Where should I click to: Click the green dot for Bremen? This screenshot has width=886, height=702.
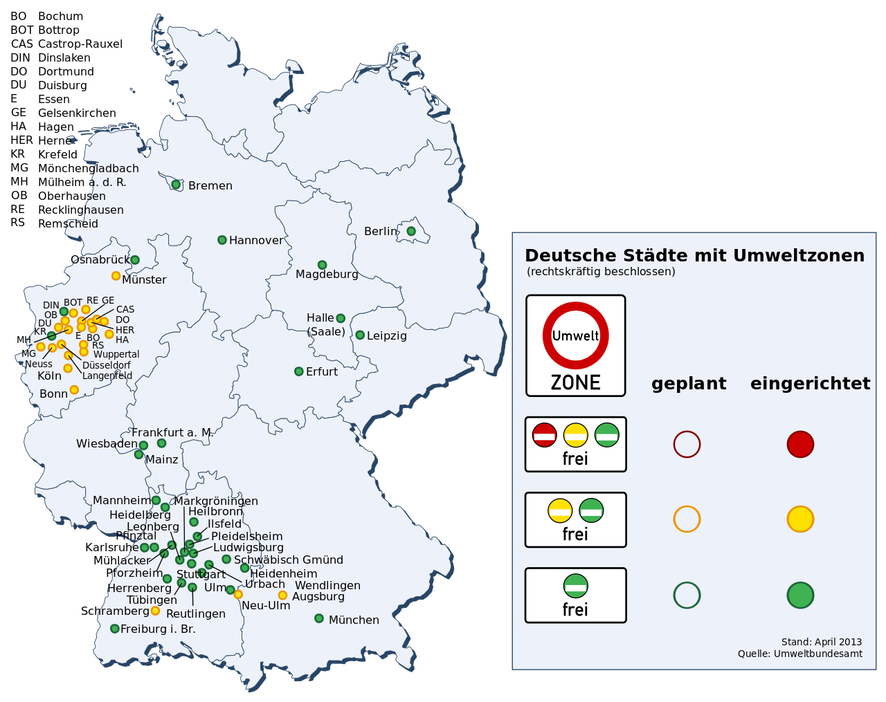pos(176,185)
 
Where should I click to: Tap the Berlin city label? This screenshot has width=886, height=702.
pos(381,231)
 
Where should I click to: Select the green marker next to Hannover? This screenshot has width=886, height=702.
pos(222,240)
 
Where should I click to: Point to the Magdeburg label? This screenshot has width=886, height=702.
pos(327,275)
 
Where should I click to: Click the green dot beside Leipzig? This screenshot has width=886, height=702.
pos(360,335)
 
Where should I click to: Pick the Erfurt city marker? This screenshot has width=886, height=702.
pos(299,371)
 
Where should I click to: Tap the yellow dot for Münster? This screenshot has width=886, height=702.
pos(116,276)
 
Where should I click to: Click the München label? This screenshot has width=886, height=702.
pos(354,620)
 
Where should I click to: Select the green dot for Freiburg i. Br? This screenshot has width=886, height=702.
pos(115,629)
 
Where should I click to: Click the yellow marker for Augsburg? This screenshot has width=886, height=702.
pos(282,595)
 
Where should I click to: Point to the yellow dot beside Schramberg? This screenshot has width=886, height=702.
pos(155,611)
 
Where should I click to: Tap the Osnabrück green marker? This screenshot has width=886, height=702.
pos(135,260)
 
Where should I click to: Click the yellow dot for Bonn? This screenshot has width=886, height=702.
pos(74,390)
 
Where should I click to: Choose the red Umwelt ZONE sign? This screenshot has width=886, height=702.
pos(576,346)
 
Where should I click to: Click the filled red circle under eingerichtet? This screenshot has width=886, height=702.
pos(800,444)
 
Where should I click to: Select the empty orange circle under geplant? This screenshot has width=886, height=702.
pos(687,519)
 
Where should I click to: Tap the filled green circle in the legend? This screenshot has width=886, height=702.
pos(800,595)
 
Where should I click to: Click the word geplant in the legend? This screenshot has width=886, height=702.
pos(689,384)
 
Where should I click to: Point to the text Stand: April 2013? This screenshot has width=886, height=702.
pos(822,642)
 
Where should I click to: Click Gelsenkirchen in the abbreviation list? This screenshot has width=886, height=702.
pos(77,113)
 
